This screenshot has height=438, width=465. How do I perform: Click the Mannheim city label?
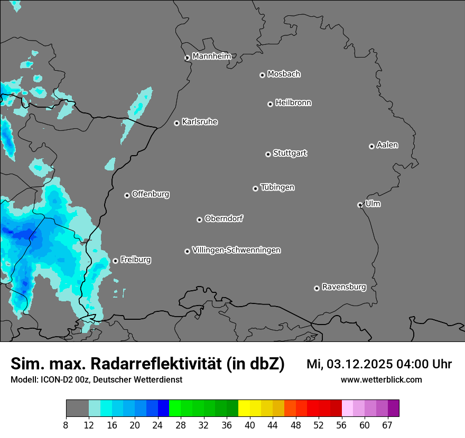pyautogui.click(x=211, y=56)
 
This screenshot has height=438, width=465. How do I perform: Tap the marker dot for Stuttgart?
pyautogui.click(x=268, y=154)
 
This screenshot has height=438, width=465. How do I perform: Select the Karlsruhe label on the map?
pyautogui.click(x=200, y=122)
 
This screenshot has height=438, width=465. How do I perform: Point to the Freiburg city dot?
pyautogui.click(x=115, y=261)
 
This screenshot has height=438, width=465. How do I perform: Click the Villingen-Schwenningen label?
pyautogui.click(x=236, y=250)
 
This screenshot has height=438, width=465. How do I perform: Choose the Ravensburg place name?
pyautogui.click(x=343, y=287)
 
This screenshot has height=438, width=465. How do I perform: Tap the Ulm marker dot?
pyautogui.click(x=360, y=205)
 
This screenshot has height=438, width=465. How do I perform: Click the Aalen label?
pyautogui.click(x=387, y=145)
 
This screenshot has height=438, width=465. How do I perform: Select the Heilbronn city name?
pyautogui.click(x=293, y=103)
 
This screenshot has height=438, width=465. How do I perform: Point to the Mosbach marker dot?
pyautogui.click(x=262, y=75)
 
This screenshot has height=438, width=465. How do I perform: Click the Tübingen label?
pyautogui.click(x=277, y=187)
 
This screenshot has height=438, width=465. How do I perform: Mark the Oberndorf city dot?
pyautogui.click(x=199, y=220)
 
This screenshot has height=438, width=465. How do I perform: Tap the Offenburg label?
pyautogui.click(x=151, y=194)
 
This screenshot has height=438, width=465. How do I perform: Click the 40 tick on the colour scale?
pyautogui.click(x=250, y=425)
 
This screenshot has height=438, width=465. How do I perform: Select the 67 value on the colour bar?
pyautogui.click(x=387, y=425)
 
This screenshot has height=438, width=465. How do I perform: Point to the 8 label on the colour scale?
pyautogui.click(x=66, y=425)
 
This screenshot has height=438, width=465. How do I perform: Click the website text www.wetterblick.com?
pyautogui.click(x=381, y=379)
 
